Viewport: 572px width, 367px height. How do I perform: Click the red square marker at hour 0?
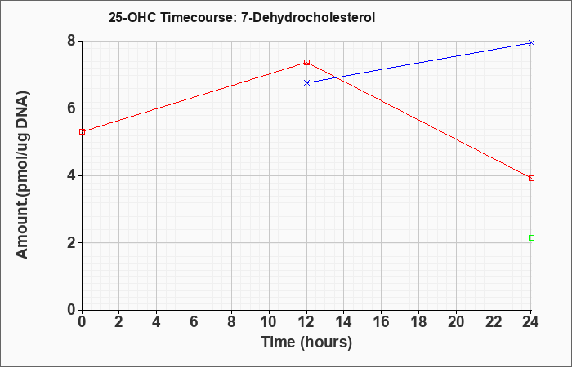[x=82, y=131]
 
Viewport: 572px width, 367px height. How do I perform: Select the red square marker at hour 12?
[x=306, y=62]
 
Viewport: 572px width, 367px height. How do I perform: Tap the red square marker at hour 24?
[x=531, y=178]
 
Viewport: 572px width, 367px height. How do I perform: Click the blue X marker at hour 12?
[x=306, y=82]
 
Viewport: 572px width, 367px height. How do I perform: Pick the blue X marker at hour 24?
[x=531, y=43]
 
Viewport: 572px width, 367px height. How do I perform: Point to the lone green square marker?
[x=531, y=238]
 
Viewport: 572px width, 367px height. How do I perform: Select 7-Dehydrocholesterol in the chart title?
[x=308, y=17]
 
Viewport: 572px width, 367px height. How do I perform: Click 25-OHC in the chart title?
[x=132, y=17]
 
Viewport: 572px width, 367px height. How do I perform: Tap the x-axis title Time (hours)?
[x=306, y=343]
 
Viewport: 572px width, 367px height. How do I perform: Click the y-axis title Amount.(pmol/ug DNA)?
[x=22, y=175]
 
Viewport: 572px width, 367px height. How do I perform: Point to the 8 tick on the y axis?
[x=71, y=41]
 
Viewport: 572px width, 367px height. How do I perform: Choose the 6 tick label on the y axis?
[x=71, y=108]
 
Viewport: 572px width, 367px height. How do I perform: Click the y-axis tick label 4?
[x=71, y=175]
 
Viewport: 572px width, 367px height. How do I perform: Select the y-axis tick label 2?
[x=71, y=243]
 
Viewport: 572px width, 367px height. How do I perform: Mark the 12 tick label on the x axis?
[x=306, y=321]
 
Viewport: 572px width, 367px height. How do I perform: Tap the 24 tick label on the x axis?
[x=531, y=321]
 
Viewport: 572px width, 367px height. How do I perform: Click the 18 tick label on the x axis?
[x=419, y=321]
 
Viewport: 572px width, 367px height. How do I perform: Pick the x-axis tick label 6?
[x=194, y=321]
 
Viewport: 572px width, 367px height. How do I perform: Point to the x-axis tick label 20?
[x=456, y=321]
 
